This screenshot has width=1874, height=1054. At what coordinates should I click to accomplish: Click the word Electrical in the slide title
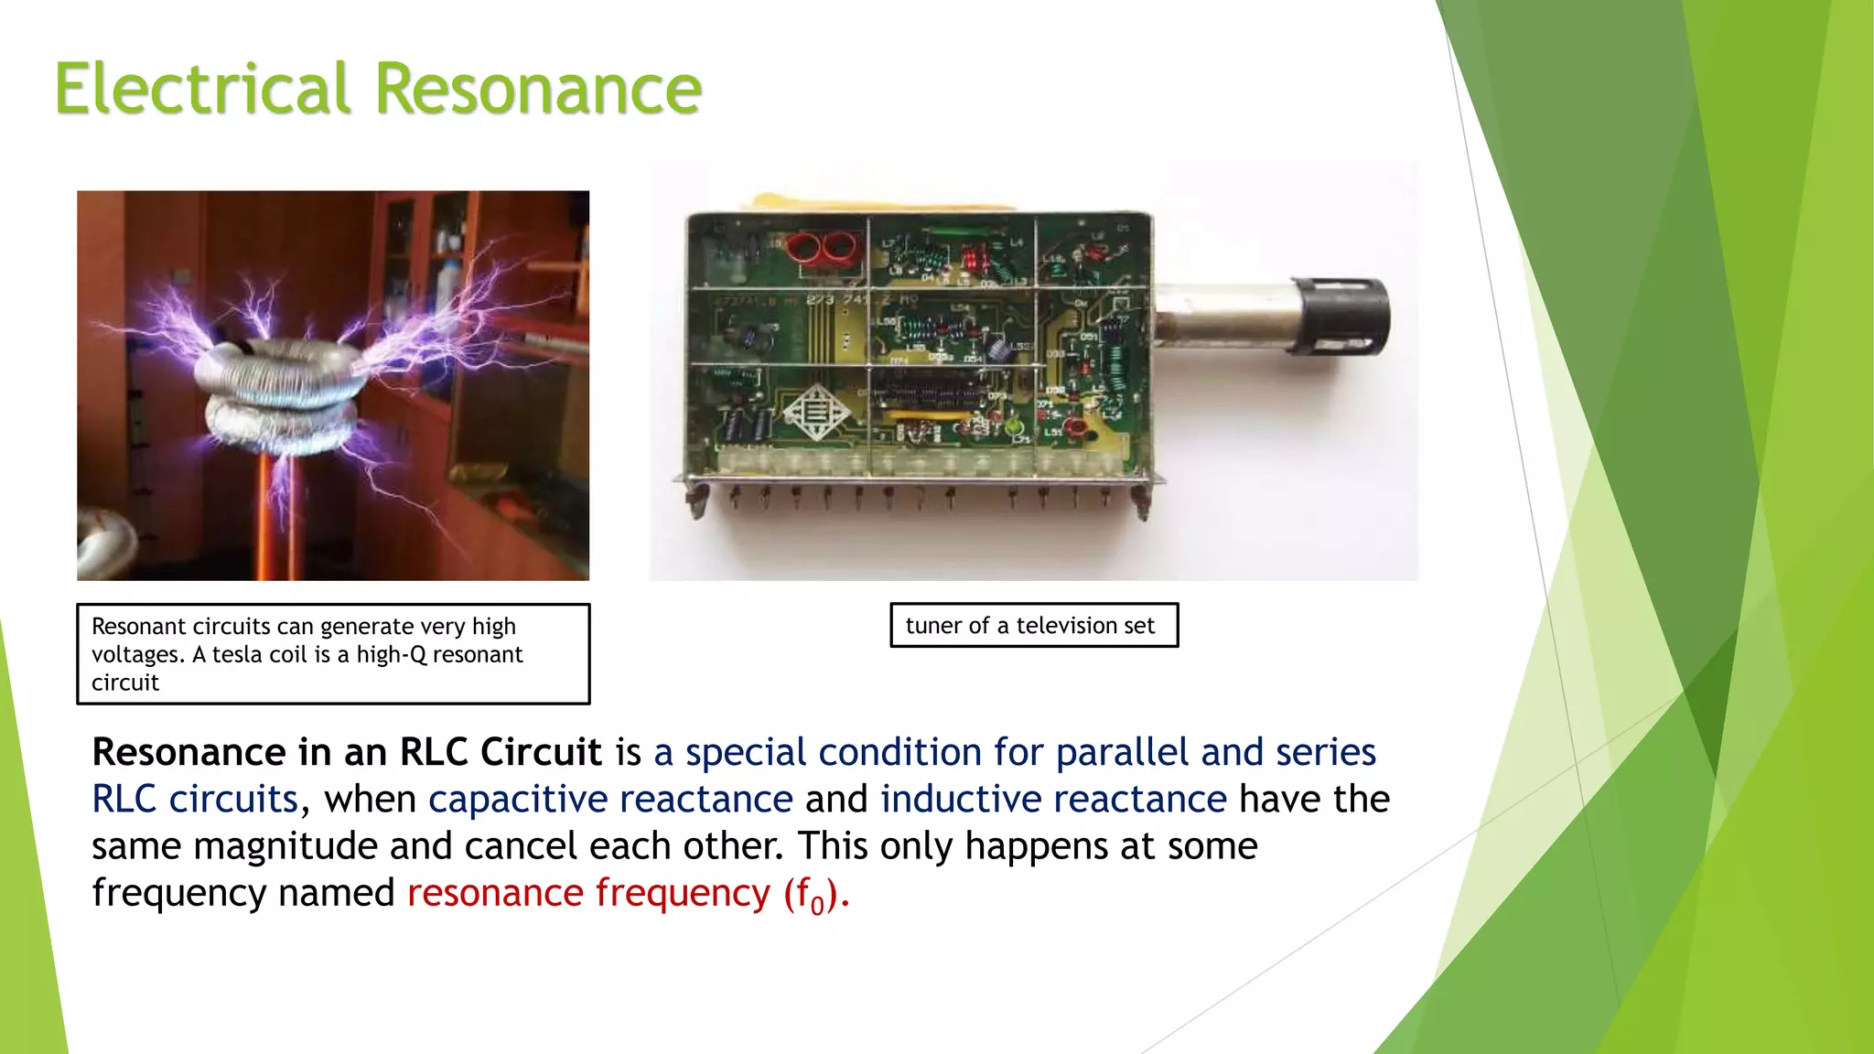202,90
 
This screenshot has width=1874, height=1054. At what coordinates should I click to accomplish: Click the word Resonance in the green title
538,90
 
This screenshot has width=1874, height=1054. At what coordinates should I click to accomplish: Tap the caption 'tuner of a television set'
1030,626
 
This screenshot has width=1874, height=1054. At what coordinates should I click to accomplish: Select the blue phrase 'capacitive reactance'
610,800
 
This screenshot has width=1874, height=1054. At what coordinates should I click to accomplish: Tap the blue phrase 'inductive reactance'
1053,800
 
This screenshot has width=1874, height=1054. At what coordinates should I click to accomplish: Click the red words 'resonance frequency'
588,893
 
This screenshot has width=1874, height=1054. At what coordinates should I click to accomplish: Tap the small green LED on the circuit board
1013,426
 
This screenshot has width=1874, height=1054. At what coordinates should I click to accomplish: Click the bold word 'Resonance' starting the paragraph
188,753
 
